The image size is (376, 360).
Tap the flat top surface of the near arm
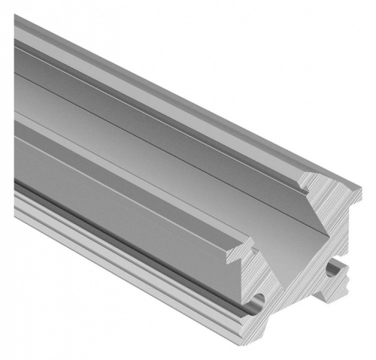(135, 180)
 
